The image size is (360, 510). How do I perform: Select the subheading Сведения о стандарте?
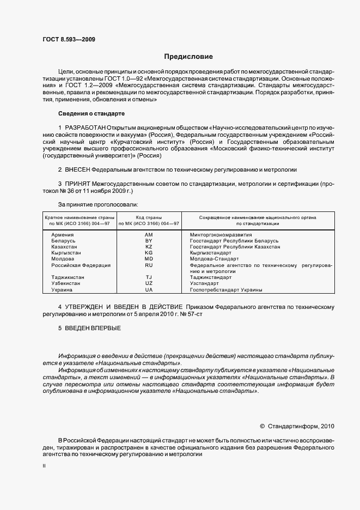[91, 113]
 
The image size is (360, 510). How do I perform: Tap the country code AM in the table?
[149, 234]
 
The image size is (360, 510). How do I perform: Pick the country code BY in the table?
[149, 240]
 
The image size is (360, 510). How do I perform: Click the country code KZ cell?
[149, 247]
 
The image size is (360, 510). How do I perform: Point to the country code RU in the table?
[149, 265]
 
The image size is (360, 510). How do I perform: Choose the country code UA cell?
[149, 290]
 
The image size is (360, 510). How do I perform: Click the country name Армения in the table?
[63, 234]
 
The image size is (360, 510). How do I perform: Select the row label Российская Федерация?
[81, 265]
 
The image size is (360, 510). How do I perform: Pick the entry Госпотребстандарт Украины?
[226, 290]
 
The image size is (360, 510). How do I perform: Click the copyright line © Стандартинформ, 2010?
[297, 427]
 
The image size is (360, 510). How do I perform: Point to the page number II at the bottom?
[44, 466]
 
